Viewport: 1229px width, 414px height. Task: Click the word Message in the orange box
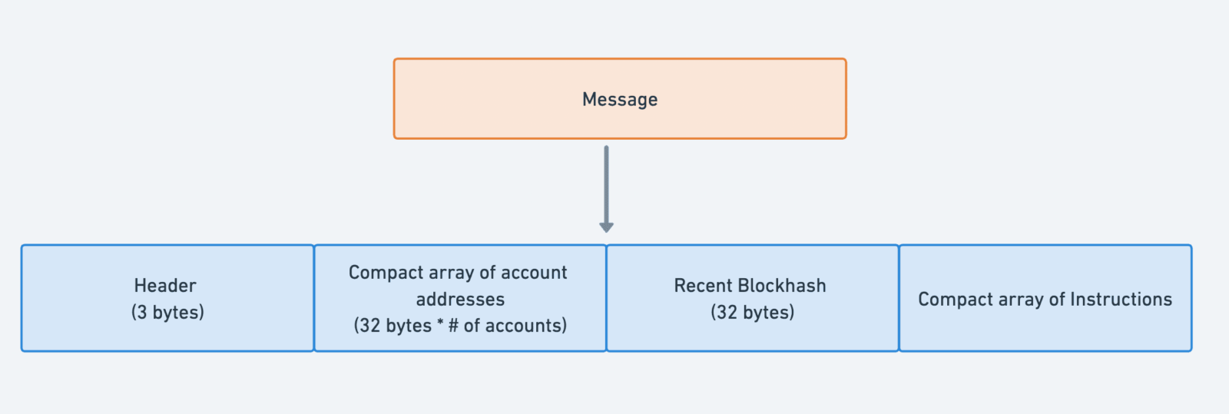click(x=619, y=99)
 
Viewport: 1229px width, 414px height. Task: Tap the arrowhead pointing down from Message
click(x=606, y=227)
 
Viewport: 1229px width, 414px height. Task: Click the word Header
click(x=165, y=285)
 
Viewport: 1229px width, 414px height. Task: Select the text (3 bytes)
click(x=167, y=312)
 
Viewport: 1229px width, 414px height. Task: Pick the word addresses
click(x=460, y=299)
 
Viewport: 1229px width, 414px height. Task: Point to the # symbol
click(x=453, y=325)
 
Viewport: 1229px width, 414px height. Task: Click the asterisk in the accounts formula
click(x=440, y=323)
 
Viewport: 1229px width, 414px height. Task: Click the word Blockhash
click(x=781, y=285)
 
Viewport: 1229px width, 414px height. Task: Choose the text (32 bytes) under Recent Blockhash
click(x=752, y=312)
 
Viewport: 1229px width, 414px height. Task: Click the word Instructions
click(x=1121, y=299)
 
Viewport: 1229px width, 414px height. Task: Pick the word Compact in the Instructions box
click(x=953, y=300)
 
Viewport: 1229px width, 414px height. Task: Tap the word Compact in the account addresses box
click(x=383, y=273)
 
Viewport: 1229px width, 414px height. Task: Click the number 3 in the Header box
click(x=141, y=312)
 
